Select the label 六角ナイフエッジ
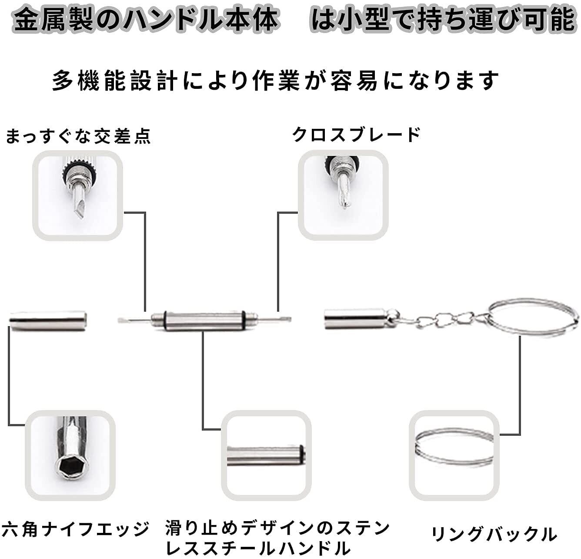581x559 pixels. [75, 529]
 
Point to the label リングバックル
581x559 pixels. [494, 534]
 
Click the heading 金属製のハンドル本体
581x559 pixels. [146, 20]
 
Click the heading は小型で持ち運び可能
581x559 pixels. [443, 20]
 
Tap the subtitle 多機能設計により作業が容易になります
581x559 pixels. [275, 81]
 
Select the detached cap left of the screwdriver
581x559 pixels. [48, 321]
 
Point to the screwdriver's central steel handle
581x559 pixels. [204, 321]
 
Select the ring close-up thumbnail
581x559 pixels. [454, 455]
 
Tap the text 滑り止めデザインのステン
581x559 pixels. [277, 529]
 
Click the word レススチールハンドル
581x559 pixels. [258, 549]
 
